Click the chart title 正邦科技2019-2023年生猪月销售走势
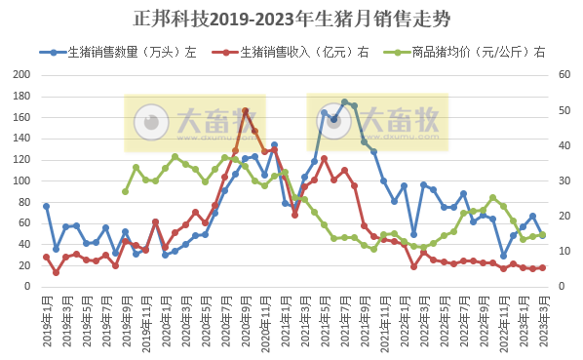pyautogui.click(x=291, y=19)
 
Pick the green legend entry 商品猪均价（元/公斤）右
pyautogui.click(x=471, y=53)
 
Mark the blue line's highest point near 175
pyautogui.click(x=344, y=101)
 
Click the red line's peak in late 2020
pyautogui.click(x=245, y=110)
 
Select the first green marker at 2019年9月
pyautogui.click(x=126, y=191)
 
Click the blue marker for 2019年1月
pyautogui.click(x=46, y=206)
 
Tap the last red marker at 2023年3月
pyautogui.click(x=542, y=267)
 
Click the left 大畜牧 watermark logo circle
pyautogui.click(x=150, y=122)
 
